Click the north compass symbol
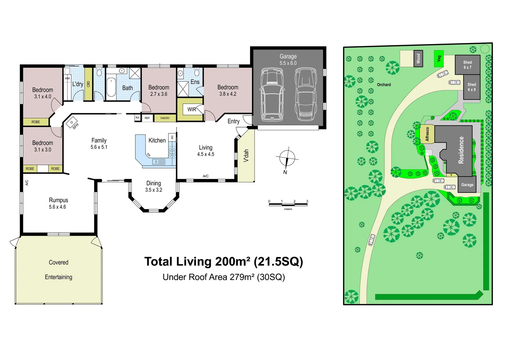coord(287,159)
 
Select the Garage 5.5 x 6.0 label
coord(288,60)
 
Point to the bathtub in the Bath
coord(111,87)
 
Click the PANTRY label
coord(165,118)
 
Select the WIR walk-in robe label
coord(191,109)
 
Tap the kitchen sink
coord(158,162)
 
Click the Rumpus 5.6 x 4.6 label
coord(58,203)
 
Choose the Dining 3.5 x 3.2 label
coord(153,186)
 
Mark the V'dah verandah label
coord(246,155)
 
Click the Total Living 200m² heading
coord(223,262)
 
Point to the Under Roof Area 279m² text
coord(223,277)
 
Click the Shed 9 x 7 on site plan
coord(467,65)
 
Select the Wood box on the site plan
coord(418,59)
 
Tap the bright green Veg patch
coord(439,59)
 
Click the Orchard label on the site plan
coord(384,85)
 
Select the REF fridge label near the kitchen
coord(147,118)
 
